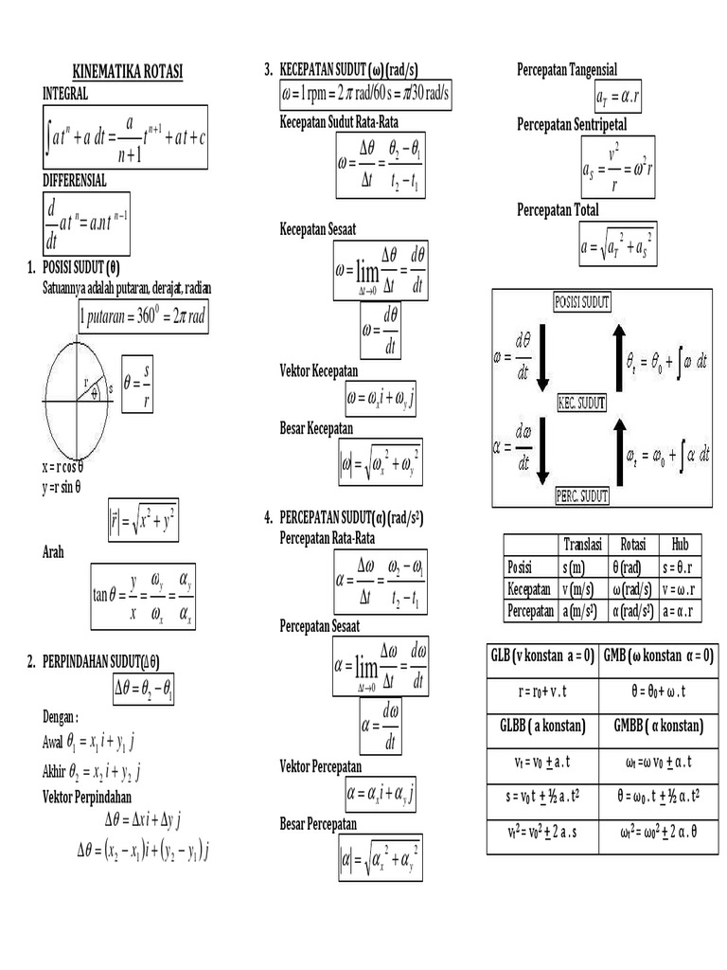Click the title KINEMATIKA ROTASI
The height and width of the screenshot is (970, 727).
click(128, 73)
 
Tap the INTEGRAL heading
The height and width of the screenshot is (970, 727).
click(66, 94)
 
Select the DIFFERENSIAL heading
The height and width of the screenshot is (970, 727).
click(75, 179)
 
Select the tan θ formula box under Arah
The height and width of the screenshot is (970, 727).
click(145, 596)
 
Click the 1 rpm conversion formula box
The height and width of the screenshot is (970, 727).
click(365, 96)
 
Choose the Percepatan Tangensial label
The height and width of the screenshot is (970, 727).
click(567, 69)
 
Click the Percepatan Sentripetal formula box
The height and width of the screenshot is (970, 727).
click(619, 168)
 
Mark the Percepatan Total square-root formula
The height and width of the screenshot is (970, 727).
click(618, 246)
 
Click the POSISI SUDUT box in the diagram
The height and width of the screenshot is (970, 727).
click(581, 301)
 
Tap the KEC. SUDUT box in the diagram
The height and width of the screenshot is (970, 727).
click(581, 403)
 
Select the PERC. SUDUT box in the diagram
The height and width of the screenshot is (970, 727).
click(581, 495)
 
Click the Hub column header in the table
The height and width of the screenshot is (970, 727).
click(680, 544)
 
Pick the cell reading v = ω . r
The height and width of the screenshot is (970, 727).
click(680, 588)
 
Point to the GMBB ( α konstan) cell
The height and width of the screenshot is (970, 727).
click(659, 726)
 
